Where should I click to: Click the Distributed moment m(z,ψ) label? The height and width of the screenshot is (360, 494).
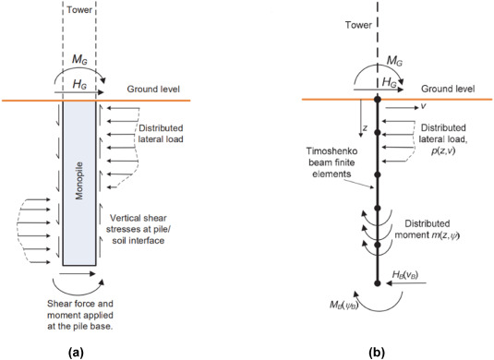(x=440, y=234)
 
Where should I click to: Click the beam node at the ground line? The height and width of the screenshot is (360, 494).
(x=377, y=99)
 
